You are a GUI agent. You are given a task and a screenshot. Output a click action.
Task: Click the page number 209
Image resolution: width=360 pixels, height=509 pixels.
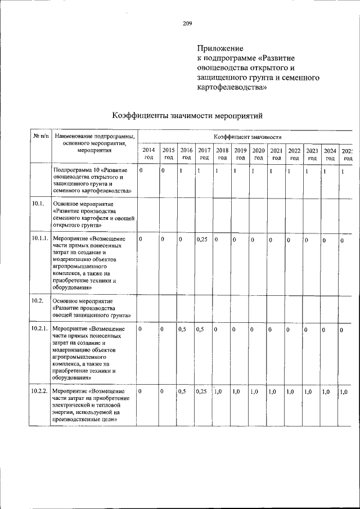187,23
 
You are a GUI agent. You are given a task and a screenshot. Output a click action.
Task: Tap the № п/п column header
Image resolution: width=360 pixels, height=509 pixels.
40,136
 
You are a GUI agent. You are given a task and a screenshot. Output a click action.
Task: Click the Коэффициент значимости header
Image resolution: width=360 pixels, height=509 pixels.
247,137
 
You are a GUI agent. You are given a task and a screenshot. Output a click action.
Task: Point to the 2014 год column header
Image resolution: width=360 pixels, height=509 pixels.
148,154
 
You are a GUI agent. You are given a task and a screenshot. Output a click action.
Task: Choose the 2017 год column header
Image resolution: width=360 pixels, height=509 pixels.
204,154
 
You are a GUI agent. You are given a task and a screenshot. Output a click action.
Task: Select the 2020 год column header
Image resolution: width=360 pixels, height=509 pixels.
258,154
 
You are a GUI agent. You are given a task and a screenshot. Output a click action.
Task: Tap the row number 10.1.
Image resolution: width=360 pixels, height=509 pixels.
38,204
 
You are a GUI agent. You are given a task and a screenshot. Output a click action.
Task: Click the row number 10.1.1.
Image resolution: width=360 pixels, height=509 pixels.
39,239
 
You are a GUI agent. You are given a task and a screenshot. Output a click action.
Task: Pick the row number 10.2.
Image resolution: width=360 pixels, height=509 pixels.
38,301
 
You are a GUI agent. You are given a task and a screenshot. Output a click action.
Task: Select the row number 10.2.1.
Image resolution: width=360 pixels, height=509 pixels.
39,328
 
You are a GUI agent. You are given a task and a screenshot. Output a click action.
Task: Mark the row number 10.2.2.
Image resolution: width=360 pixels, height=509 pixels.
39,391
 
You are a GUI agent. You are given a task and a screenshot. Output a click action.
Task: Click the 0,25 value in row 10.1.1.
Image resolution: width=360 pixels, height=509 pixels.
202,240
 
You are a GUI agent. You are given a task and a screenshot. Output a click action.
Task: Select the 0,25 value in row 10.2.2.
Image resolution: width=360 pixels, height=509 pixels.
202,391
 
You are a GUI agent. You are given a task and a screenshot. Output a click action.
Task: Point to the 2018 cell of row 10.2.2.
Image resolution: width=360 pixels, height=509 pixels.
219,391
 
